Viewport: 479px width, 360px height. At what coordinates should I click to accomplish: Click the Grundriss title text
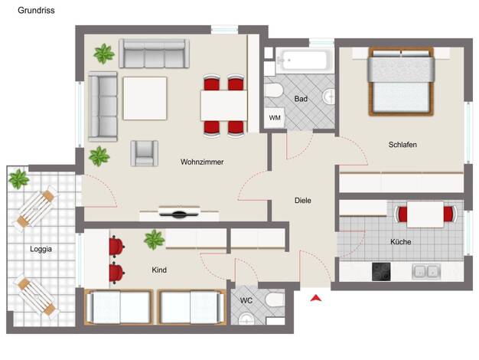pyautogui.click(x=36, y=11)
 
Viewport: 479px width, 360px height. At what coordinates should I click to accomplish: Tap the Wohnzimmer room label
pyautogui.click(x=202, y=162)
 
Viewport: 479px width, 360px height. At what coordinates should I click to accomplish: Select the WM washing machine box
pyautogui.click(x=275, y=118)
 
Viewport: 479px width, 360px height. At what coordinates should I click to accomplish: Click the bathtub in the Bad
pyautogui.click(x=305, y=61)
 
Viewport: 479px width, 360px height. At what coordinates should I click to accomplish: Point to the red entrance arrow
pyautogui.click(x=316, y=298)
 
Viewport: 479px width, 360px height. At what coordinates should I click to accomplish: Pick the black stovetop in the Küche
pyautogui.click(x=381, y=272)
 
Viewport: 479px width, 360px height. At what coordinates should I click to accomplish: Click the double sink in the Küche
pyautogui.click(x=426, y=272)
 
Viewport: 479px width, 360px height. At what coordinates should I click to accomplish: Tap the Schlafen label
pyautogui.click(x=402, y=144)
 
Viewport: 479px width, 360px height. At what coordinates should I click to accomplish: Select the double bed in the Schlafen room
pyautogui.click(x=401, y=82)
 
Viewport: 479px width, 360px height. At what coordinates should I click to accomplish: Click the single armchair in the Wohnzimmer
pyautogui.click(x=144, y=153)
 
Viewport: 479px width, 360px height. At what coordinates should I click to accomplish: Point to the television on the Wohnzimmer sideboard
pyautogui.click(x=179, y=213)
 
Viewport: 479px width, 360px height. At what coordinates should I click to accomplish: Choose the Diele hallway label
pyautogui.click(x=303, y=201)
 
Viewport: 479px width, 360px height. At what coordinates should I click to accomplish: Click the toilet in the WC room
pyautogui.click(x=275, y=299)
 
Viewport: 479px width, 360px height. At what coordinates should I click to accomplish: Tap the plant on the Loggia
pyautogui.click(x=18, y=179)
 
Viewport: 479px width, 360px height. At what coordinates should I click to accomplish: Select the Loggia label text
pyautogui.click(x=41, y=249)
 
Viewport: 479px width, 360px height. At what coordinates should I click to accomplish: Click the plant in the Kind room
pyautogui.click(x=155, y=240)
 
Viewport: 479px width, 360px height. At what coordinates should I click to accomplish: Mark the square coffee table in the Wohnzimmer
pyautogui.click(x=145, y=98)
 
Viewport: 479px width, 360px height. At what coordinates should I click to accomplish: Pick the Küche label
pyautogui.click(x=400, y=242)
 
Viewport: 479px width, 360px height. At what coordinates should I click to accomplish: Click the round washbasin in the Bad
pyautogui.click(x=329, y=97)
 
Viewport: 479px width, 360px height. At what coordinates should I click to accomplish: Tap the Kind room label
pyautogui.click(x=159, y=270)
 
